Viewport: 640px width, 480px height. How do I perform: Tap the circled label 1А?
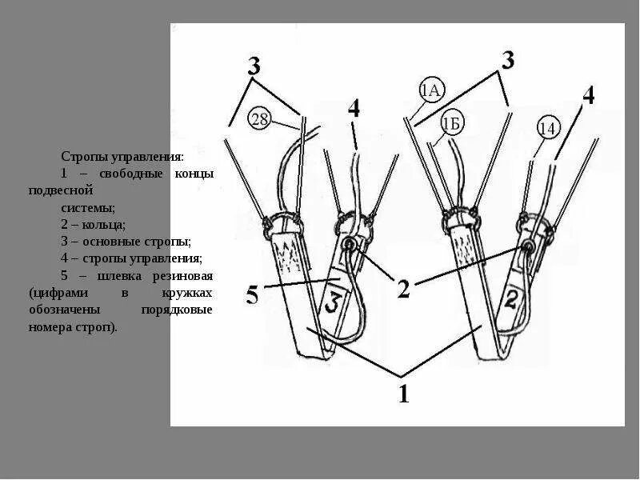[431, 90]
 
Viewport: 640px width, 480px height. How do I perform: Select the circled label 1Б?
[451, 123]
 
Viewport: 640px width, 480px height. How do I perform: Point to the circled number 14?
[547, 128]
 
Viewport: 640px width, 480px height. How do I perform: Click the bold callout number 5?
[253, 297]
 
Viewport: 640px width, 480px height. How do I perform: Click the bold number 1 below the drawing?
[404, 394]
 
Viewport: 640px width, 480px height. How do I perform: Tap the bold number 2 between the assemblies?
[403, 288]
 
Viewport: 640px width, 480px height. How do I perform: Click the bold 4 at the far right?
[588, 95]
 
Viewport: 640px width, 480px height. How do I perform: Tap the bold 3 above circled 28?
[254, 66]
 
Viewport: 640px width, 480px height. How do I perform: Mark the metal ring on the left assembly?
[350, 245]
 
